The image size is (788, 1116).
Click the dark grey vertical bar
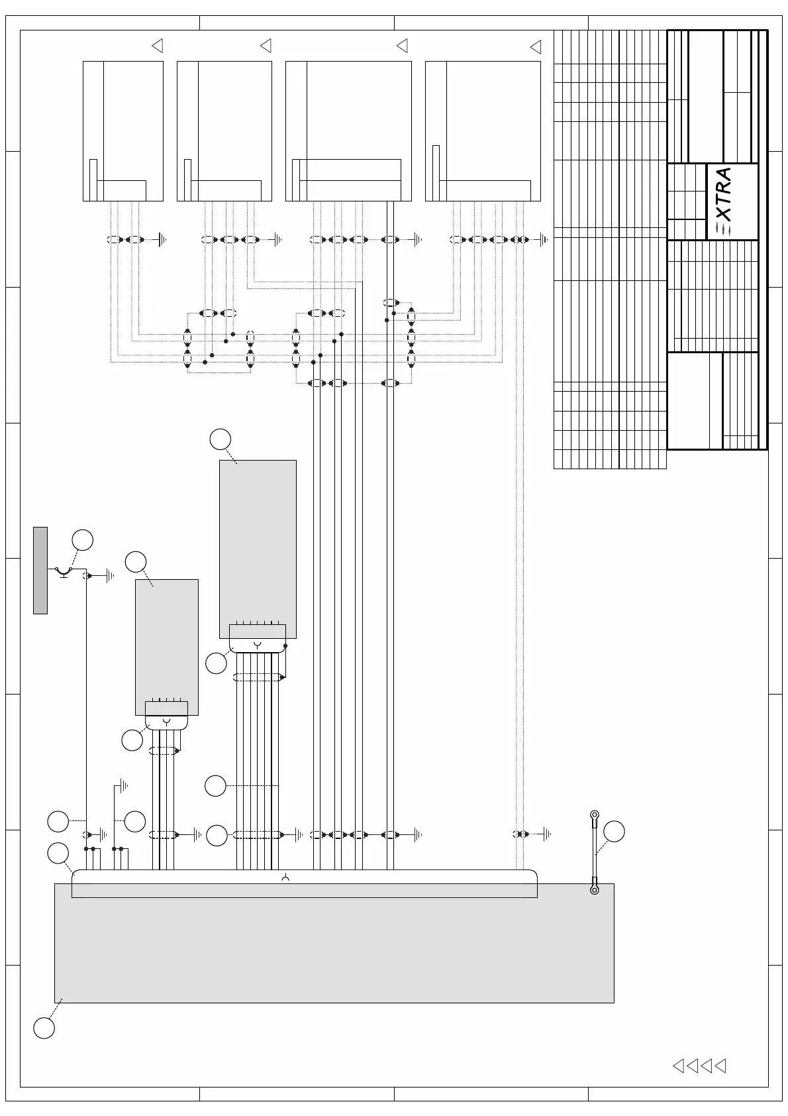pos(40,570)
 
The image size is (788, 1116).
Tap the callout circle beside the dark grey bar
pos(82,540)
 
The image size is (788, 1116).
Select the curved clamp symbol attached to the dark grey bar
pos(64,571)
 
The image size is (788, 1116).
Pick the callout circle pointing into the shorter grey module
pos(136,561)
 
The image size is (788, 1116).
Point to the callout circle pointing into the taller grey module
pos(221,439)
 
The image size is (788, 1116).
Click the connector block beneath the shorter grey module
pos(166,716)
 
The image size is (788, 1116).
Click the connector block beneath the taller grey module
pos(258,638)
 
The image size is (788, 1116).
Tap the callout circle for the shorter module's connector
pos(132,740)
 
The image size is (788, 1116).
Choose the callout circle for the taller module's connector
pos(216,663)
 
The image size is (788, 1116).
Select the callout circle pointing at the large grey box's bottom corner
pos(44,1028)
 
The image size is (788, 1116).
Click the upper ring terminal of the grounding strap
pos(594,814)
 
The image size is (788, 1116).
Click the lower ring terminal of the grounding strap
pos(594,889)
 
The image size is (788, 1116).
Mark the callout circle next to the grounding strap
pos(614,831)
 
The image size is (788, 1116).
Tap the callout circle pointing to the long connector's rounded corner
pos(58,854)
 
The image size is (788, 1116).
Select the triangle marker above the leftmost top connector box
pos(158,46)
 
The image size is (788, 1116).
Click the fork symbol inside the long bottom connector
pos(285,878)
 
